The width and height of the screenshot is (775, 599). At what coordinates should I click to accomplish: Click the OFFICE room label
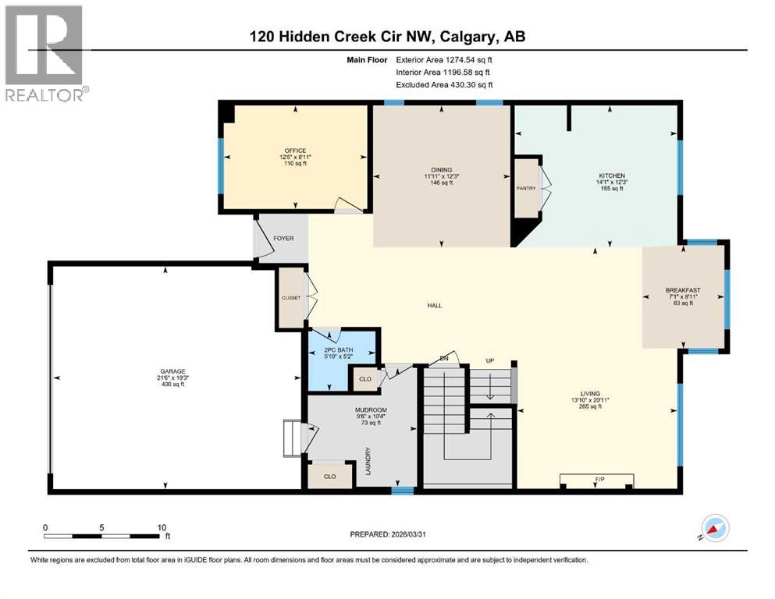point(295,151)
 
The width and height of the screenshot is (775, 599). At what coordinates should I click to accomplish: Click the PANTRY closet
point(525,188)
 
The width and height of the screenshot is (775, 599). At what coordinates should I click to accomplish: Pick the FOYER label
point(283,238)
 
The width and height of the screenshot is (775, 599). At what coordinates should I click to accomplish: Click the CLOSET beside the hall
point(291,297)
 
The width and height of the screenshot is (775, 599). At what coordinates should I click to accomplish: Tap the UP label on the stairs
point(490,361)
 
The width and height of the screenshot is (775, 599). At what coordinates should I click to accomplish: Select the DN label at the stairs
point(444,358)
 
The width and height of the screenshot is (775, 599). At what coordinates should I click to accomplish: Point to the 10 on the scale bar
point(162,527)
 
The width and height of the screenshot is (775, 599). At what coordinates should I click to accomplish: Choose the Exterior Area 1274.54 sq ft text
point(444,59)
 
